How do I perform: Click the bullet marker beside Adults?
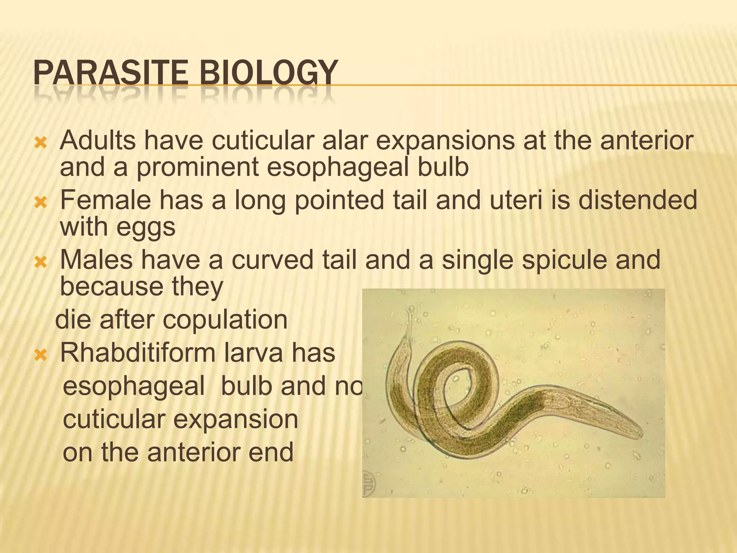click(x=40, y=144)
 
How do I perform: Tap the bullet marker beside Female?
click(x=40, y=203)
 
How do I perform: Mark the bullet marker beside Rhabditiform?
click(x=40, y=356)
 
